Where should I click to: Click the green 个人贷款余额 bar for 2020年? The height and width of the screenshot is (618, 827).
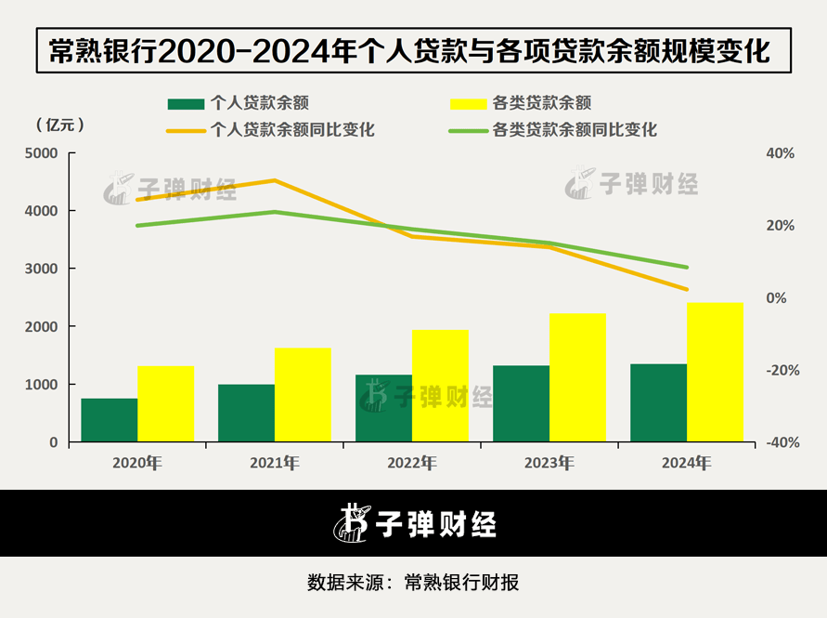pos(110,420)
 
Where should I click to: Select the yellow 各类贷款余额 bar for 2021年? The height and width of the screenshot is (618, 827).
pos(303,395)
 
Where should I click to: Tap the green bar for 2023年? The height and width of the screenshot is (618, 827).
pos(521,403)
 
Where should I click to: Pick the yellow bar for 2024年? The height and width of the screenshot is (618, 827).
pos(716,372)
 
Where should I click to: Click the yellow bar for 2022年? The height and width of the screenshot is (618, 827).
pos(440,386)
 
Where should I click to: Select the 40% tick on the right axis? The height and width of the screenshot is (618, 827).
pos(778,153)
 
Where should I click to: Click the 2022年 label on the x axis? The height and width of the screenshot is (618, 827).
pos(412,462)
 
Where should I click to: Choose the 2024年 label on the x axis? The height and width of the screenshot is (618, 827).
pos(687,462)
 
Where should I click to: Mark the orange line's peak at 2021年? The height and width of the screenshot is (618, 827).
pos(275,180)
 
